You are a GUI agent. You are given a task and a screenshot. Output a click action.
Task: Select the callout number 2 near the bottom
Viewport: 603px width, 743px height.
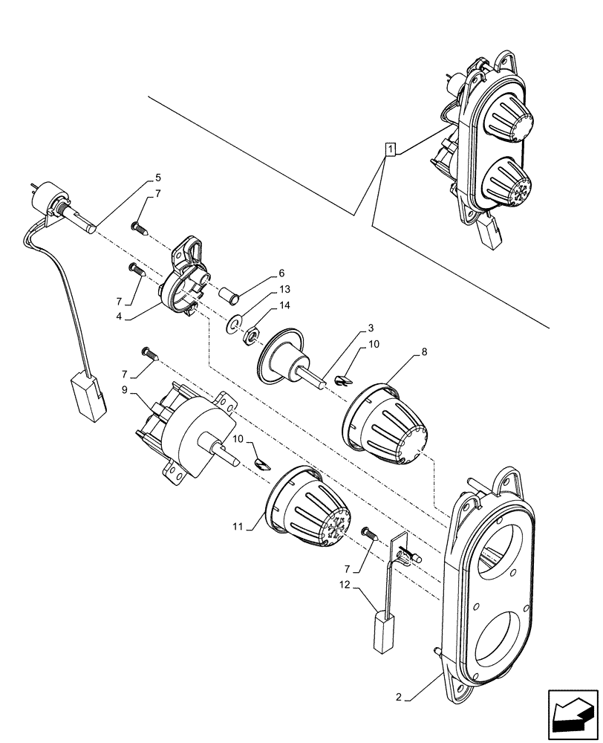click(x=399, y=697)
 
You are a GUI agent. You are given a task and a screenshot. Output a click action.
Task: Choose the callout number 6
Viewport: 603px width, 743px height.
click(x=281, y=273)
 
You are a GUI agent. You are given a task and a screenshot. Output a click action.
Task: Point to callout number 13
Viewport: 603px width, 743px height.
click(x=285, y=290)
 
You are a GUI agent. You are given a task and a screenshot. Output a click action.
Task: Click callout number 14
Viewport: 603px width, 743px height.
click(x=285, y=306)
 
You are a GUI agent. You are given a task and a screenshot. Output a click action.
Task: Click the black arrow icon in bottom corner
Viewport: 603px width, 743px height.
click(x=572, y=714)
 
